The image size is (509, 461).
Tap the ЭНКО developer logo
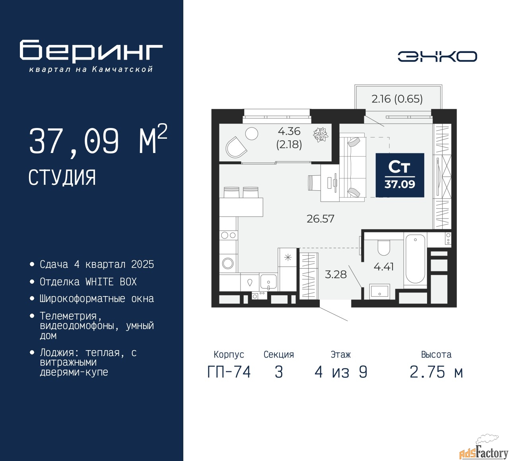coord(437,56)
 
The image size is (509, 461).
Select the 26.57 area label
coord(321,219)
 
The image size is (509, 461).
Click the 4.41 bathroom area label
coord(384,267)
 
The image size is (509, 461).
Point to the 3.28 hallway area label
coord(336,274)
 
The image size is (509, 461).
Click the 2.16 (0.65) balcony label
coord(397,99)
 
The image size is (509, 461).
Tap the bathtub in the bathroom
coord(416,259)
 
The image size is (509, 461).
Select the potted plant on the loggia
coord(321,134)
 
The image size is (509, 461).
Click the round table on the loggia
coord(251,133)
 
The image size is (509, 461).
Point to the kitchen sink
coord(268,282)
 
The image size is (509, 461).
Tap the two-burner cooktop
coord(228,235)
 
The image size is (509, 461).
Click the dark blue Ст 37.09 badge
coord(400,175)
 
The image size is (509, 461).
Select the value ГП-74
coord(229,372)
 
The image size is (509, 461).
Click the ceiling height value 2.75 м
coord(436,372)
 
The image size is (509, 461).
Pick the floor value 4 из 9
coord(341,372)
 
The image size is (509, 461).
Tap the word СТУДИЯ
coord(62,178)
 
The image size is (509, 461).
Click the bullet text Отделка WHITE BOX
coord(88,282)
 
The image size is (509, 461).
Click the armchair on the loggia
coord(236,147)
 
